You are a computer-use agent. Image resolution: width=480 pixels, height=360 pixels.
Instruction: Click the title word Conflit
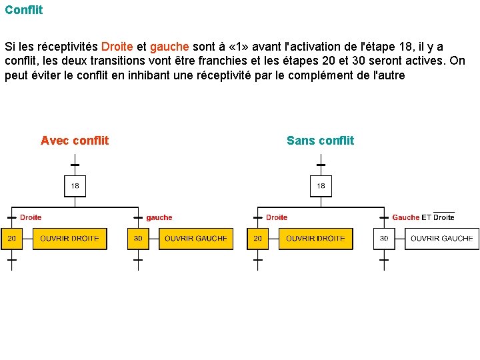24,10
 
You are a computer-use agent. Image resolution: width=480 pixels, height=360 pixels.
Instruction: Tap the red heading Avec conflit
75,141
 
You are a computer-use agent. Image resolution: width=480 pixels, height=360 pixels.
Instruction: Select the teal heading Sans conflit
320,141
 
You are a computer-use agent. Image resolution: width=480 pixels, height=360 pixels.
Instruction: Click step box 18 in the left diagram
75,186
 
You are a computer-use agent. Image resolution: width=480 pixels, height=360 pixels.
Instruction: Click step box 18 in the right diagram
321,186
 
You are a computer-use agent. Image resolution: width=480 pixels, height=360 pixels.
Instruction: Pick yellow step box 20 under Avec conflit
11,239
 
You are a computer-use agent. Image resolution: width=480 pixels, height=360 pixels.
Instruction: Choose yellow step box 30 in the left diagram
138,239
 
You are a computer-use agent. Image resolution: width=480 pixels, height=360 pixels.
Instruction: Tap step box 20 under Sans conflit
257,239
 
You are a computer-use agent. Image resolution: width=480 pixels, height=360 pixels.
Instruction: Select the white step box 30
384,239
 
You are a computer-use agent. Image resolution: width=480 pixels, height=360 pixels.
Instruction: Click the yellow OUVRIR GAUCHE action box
196,239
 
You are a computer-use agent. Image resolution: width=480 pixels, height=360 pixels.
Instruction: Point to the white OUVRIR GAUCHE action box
441,239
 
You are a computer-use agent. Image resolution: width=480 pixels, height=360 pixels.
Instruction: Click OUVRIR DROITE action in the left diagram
69,239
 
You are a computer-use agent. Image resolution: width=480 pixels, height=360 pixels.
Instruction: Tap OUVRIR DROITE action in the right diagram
315,239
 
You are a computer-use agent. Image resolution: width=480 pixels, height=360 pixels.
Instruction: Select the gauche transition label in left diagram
159,217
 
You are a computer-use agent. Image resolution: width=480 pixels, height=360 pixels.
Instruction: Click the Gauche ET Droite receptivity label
423,217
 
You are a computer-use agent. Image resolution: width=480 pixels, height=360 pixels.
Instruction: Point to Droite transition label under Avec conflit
31,217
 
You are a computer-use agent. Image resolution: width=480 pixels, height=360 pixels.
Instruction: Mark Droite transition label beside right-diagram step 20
277,217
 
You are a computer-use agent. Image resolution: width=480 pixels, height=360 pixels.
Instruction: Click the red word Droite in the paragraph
117,47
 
